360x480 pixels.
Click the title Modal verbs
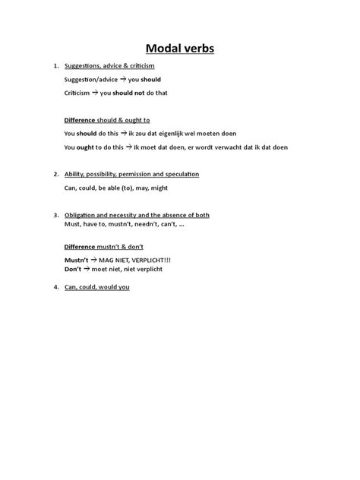click(x=180, y=49)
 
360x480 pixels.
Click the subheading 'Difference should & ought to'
click(x=107, y=120)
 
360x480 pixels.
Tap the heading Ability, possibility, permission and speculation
click(x=131, y=175)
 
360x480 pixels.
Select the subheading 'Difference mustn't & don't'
click(x=104, y=247)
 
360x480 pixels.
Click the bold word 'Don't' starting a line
click(x=73, y=269)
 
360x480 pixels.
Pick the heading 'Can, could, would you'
click(x=97, y=288)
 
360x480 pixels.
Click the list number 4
click(x=56, y=288)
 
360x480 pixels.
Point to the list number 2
click(x=56, y=175)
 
